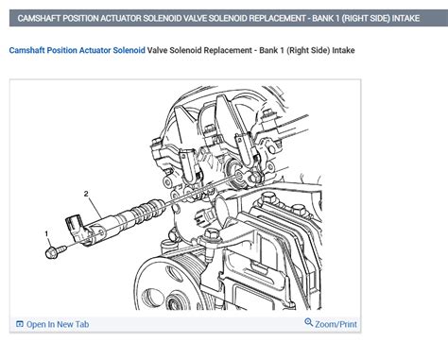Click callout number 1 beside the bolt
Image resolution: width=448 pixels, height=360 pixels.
tap(44, 233)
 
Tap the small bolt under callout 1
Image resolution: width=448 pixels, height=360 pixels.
tap(53, 250)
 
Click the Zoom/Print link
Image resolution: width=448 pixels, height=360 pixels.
tap(336, 324)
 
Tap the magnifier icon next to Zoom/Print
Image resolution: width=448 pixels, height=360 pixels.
tap(308, 323)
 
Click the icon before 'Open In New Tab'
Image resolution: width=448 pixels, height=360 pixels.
tap(20, 324)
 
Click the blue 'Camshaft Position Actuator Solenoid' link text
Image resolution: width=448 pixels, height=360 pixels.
tap(78, 50)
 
